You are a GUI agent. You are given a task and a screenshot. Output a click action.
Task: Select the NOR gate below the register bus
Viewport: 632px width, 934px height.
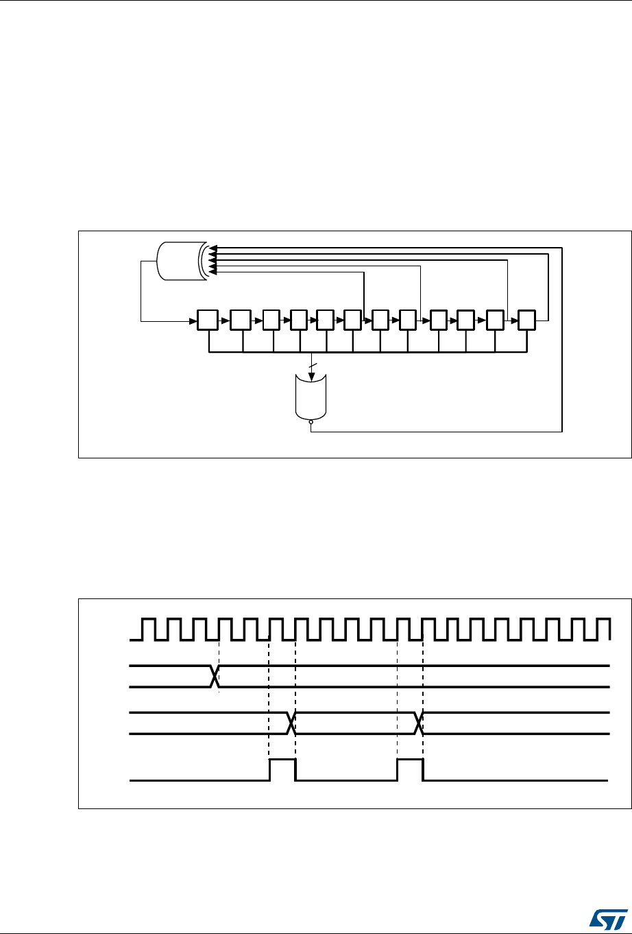coord(311,396)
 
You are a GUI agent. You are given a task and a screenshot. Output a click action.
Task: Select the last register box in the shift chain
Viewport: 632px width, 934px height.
coord(528,320)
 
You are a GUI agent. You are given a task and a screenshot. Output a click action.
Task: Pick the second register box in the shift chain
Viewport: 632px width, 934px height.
coord(241,320)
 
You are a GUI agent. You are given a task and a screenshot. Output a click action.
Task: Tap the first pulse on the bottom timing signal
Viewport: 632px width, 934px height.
coord(282,769)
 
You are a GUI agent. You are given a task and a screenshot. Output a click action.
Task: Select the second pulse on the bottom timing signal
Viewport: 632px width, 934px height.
coord(410,769)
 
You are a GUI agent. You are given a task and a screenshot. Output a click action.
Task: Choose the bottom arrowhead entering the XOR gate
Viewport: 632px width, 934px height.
coord(211,272)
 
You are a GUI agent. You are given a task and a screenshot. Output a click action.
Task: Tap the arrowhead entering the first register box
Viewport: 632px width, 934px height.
coord(193,320)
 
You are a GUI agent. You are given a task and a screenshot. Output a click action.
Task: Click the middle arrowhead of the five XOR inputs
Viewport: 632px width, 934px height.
coord(212,259)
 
